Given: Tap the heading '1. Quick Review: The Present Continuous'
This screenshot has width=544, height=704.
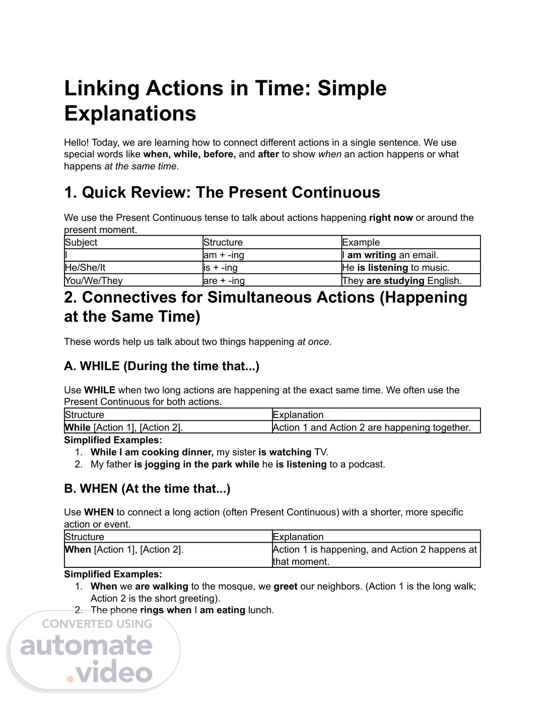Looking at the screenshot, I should tap(222, 193).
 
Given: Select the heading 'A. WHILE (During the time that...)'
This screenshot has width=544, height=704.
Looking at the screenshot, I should tap(162, 366).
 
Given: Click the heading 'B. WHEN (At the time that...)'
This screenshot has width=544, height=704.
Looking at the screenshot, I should tap(147, 489).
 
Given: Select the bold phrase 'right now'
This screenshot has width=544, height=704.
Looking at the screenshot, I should tap(391, 218).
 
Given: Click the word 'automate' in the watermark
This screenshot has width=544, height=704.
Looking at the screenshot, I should tap(86, 646).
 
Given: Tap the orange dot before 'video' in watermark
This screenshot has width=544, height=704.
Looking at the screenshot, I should tap(71, 679).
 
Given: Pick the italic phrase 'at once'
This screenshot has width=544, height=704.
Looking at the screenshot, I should tap(313, 342).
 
